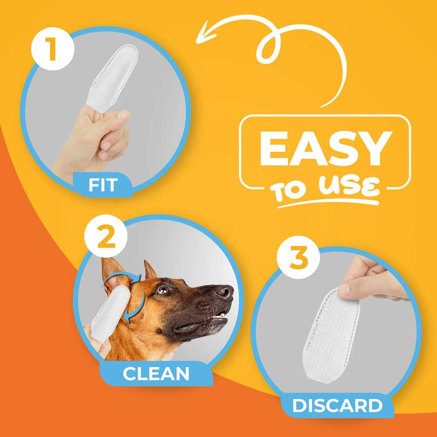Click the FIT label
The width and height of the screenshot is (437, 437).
pos(103,185)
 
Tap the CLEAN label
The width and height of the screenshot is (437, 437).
pos(156,374)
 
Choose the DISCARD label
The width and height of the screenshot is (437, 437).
pos(337,406)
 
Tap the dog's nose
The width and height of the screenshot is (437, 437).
pos(225,290)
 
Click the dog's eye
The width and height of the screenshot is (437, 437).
pos(163,290)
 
